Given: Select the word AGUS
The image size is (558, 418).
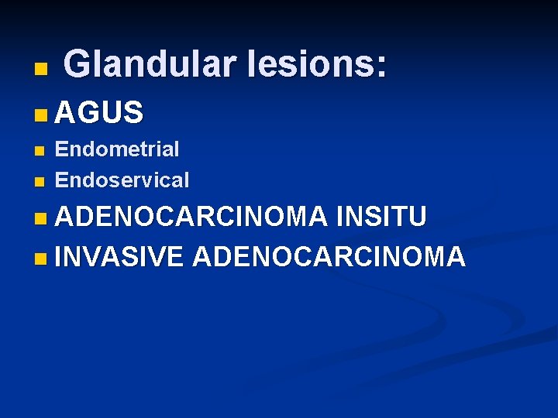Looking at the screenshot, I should tap(99, 114).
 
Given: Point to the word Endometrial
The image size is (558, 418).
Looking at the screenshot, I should tap(117, 149).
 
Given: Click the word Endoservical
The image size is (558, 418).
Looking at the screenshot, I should tap(122, 180).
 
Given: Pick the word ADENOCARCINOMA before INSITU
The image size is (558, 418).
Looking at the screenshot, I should tap(191, 218).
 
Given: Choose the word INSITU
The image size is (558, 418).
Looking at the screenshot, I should tap(381, 218).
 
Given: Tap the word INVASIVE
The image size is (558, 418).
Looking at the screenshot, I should tap(119, 256).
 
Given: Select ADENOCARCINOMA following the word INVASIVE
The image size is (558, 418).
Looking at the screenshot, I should tap(329, 256).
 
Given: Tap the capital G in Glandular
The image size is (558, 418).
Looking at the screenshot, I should tap(77, 63).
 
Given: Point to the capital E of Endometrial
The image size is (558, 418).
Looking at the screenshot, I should tap(61, 149).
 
